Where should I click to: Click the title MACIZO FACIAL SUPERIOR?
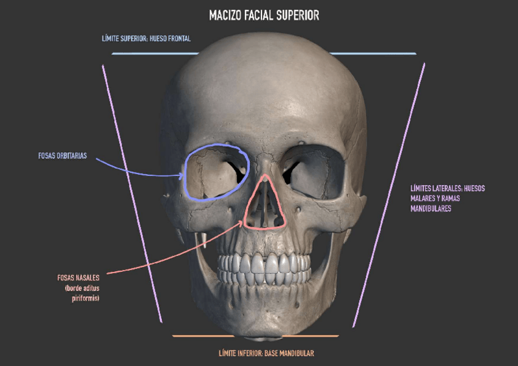point(263,15)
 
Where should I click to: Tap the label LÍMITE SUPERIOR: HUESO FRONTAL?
point(146,38)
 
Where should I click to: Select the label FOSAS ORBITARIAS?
point(62,156)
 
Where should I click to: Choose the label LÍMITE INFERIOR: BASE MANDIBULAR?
point(266,353)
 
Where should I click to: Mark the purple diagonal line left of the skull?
point(132,192)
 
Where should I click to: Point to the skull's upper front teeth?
point(264,264)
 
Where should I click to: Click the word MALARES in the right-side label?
point(426,199)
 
